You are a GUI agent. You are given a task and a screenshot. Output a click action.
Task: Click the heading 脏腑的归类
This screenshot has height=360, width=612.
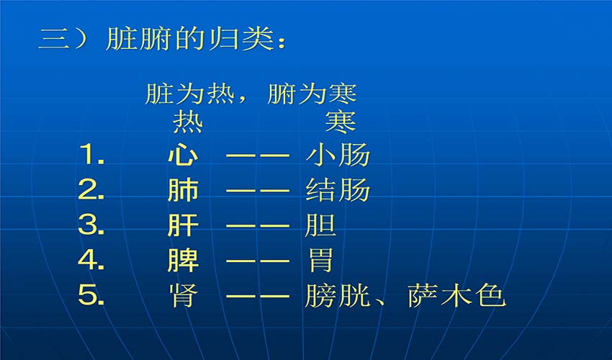pyautogui.click(x=190, y=39)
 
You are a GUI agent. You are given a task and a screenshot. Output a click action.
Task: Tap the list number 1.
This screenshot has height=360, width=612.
pyautogui.click(x=91, y=154)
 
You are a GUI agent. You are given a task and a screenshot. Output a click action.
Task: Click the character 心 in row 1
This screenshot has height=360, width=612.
pyautogui.click(x=183, y=155)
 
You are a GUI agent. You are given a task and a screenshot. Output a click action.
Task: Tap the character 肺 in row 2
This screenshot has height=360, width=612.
pyautogui.click(x=183, y=190)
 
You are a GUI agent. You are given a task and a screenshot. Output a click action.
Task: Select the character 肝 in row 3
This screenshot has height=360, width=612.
pyautogui.click(x=183, y=225)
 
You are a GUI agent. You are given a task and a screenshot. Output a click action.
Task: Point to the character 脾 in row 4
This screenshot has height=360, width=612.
pyautogui.click(x=183, y=260)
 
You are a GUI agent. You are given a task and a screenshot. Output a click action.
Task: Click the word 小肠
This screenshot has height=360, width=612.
pyautogui.click(x=337, y=155)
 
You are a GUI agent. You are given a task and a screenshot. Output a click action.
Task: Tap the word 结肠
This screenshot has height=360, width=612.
pyautogui.click(x=337, y=190)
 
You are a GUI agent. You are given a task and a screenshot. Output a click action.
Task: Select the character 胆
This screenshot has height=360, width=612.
pyautogui.click(x=320, y=225)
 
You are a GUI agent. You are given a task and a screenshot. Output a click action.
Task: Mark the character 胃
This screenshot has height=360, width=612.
pyautogui.click(x=320, y=260)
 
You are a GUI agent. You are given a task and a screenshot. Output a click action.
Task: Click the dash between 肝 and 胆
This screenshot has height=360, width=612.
pyautogui.click(x=258, y=225)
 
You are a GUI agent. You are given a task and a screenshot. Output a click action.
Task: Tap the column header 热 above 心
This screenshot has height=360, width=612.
pyautogui.click(x=188, y=122)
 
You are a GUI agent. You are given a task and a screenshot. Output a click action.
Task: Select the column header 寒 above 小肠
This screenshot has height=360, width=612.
pyautogui.click(x=341, y=122)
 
